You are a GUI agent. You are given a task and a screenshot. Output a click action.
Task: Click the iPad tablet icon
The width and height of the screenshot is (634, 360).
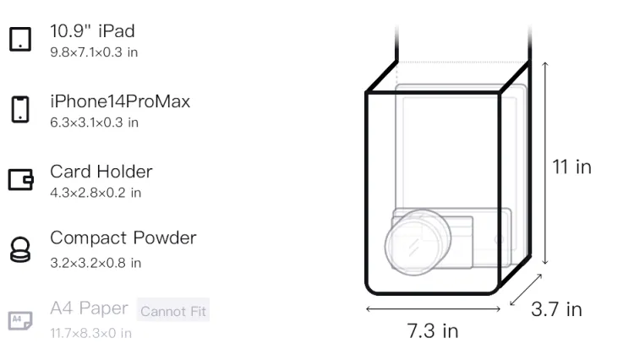tap(20, 39)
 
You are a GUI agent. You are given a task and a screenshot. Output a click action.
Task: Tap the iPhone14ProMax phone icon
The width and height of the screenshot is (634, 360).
tap(20, 109)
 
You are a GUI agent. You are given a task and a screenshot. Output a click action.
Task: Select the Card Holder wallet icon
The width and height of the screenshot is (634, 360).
tap(20, 179)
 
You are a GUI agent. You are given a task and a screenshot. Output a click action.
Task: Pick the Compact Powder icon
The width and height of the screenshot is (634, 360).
tap(20, 249)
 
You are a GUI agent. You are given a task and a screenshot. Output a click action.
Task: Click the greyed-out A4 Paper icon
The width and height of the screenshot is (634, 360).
tap(20, 320)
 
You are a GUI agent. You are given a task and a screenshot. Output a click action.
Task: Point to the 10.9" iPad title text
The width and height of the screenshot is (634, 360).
tap(92, 31)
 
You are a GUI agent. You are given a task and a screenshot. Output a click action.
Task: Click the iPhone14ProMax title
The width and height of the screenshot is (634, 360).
tap(120, 101)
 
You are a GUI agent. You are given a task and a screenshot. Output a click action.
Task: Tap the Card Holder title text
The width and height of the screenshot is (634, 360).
tap(101, 172)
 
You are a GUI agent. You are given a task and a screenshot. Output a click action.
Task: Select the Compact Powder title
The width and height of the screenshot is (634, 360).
tap(123, 238)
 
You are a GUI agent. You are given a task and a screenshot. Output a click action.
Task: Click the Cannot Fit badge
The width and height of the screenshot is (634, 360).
tap(173, 310)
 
